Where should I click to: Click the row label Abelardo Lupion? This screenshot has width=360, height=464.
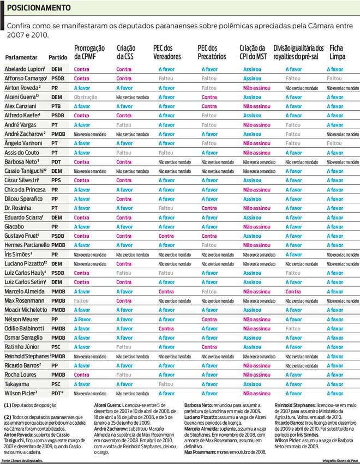(24, 69)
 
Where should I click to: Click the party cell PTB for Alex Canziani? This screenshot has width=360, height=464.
(56, 106)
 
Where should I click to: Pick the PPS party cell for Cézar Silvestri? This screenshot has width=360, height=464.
(56, 180)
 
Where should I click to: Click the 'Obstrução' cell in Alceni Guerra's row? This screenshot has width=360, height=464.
(85, 97)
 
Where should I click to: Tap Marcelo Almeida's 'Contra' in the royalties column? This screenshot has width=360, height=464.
(294, 291)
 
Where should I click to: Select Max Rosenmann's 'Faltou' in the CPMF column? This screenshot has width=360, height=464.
(81, 300)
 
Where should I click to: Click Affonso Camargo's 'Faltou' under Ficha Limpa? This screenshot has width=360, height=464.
(334, 79)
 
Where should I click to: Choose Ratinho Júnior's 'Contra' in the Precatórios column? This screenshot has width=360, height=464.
(209, 347)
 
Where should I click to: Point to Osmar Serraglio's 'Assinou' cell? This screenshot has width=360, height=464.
(252, 338)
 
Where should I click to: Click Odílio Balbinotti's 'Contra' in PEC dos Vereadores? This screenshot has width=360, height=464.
(166, 328)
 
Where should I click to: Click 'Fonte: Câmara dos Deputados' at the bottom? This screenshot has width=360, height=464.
(22, 461)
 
